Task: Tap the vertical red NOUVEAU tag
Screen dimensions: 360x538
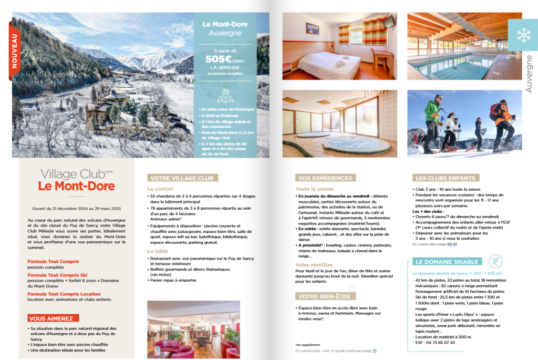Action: pyautogui.click(x=14, y=51)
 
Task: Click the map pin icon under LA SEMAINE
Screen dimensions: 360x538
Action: pyautogui.click(x=225, y=96)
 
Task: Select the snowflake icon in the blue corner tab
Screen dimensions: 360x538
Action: pyautogui.click(x=523, y=35)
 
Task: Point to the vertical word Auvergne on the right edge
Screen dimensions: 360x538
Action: pyautogui.click(x=529, y=74)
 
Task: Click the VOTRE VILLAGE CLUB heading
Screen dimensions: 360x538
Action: pyautogui.click(x=182, y=178)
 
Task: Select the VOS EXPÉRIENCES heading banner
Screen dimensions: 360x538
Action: pyautogui.click(x=325, y=178)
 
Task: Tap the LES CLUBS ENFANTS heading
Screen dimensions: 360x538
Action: pyautogui.click(x=446, y=178)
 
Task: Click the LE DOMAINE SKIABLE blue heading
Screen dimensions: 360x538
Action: pyautogui.click(x=447, y=262)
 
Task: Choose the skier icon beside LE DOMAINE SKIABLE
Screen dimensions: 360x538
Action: pyautogui.click(x=495, y=261)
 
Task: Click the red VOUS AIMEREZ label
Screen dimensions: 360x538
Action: pyautogui.click(x=53, y=318)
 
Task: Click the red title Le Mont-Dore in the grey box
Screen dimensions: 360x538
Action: pyautogui.click(x=76, y=186)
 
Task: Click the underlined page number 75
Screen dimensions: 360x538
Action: pyautogui.click(x=374, y=351)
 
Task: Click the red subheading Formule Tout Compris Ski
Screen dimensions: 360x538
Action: pyautogui.click(x=57, y=275)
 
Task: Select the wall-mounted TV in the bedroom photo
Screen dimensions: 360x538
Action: pyautogui.click(x=388, y=22)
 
